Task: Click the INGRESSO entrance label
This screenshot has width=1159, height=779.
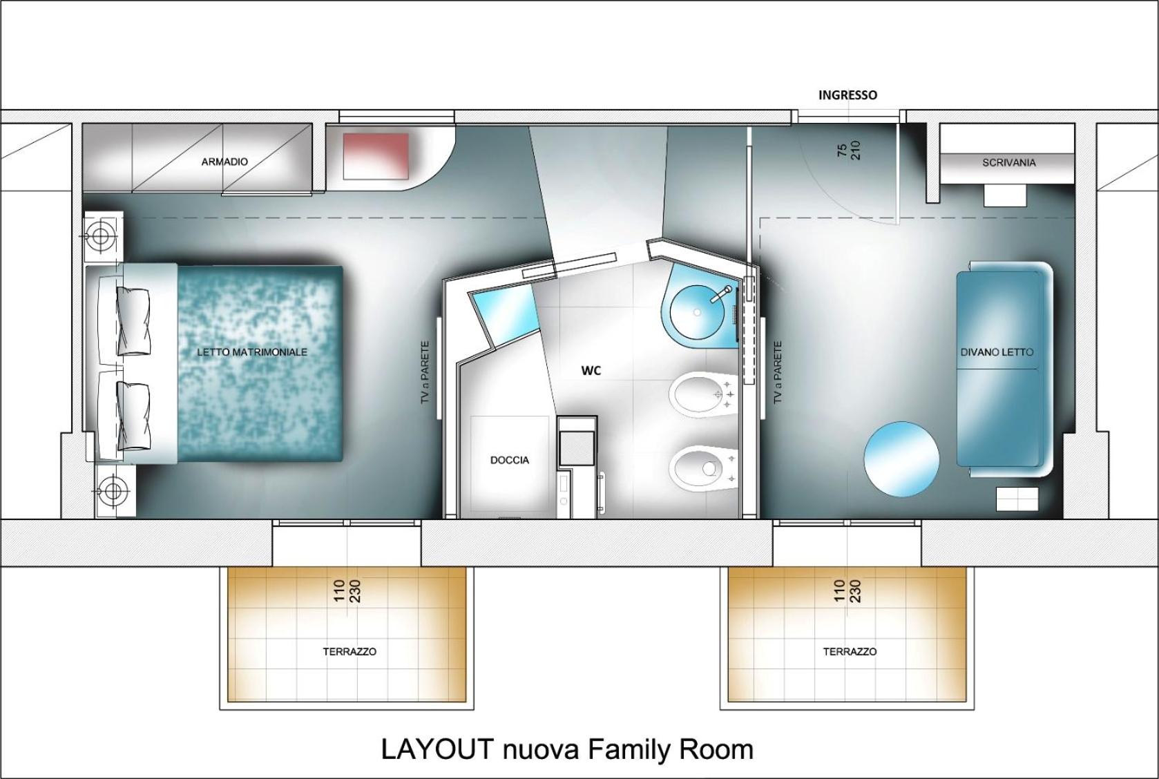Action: [x=847, y=95]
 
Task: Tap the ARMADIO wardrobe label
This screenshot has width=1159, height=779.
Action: [x=224, y=162]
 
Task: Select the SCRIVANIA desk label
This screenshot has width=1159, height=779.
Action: [x=1009, y=163]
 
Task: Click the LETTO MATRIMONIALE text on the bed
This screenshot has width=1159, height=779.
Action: [x=252, y=352]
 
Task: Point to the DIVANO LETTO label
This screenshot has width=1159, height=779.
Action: [x=997, y=352]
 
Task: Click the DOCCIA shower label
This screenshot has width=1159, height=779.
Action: [x=510, y=460]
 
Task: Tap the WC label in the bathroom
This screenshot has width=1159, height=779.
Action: [x=591, y=370]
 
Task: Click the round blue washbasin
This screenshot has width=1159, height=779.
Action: [x=697, y=311]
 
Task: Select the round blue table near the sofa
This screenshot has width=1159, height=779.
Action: [x=901, y=459]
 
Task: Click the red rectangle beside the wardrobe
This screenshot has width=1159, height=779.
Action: [x=376, y=156]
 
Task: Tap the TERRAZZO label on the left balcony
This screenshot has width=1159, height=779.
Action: [x=349, y=652]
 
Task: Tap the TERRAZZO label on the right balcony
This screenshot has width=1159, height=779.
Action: [x=850, y=652]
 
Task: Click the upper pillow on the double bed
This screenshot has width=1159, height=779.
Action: [x=133, y=321]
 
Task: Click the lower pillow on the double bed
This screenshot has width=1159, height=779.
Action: [x=133, y=415]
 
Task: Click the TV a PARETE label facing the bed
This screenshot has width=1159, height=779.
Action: [x=425, y=372]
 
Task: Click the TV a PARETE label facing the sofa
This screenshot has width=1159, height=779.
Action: [x=777, y=372]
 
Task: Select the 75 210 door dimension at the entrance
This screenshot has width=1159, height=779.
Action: [x=849, y=151]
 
